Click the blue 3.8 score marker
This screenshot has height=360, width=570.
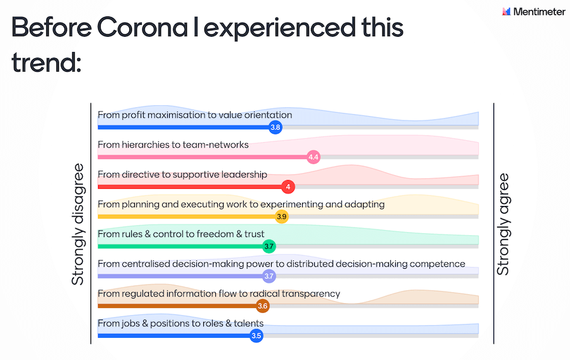[x=275, y=127]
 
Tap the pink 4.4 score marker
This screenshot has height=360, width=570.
[x=313, y=157]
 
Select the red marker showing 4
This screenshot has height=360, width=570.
[x=288, y=187]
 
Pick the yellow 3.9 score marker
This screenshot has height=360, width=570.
[x=282, y=217]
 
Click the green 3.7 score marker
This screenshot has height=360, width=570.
[x=269, y=247]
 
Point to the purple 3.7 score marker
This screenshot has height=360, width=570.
[x=269, y=276]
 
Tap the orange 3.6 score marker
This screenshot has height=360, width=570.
[x=262, y=306]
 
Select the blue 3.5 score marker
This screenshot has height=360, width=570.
[x=256, y=336]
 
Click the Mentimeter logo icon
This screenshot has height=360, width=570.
[x=507, y=11]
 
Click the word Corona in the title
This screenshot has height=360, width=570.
[x=142, y=28]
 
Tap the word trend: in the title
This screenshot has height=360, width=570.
[x=46, y=63]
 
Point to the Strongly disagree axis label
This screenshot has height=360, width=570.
[x=77, y=224]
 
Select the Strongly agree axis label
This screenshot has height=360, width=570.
[x=503, y=224]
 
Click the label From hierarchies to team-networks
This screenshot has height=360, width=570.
[x=173, y=145]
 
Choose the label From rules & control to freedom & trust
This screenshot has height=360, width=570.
[x=181, y=234]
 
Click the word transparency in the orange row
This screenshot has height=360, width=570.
[x=311, y=294]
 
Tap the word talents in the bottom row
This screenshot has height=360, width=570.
[x=249, y=323]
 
